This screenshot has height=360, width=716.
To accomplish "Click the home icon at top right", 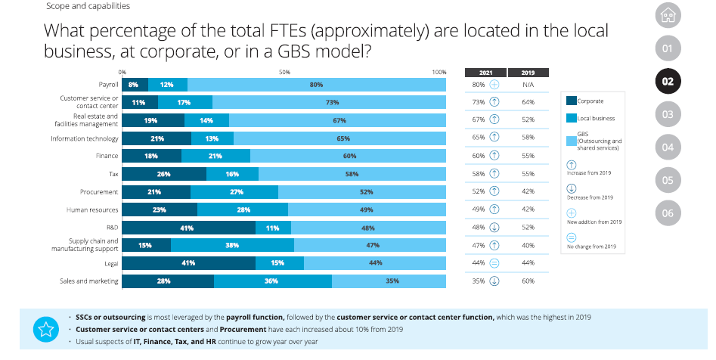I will (667, 14).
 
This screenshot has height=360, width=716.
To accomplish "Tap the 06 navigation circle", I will (667, 213).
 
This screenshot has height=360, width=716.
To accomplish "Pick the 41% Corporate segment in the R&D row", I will (188, 228).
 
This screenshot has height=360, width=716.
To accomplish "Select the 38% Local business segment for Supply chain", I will (232, 245).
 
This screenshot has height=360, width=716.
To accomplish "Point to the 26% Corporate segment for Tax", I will (164, 174).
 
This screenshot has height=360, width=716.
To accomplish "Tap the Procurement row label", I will (99, 192).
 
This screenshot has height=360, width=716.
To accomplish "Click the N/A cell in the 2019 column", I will (528, 85).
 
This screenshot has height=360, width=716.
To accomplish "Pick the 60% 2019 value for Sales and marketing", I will (528, 281).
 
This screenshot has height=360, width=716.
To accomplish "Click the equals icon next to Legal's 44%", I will (494, 263).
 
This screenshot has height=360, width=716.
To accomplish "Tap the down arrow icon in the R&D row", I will (494, 228).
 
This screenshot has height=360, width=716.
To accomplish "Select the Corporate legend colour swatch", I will (571, 101).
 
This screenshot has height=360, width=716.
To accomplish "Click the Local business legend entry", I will (596, 119).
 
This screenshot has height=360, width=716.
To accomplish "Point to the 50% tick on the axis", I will (284, 72).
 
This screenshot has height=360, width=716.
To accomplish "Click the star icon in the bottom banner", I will (45, 329).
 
